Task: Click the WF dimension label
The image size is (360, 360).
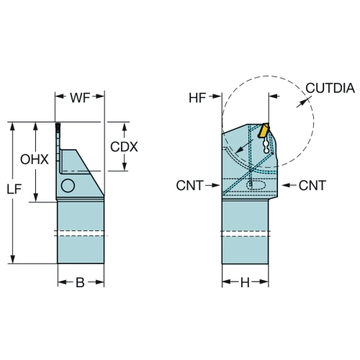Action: coord(80,98)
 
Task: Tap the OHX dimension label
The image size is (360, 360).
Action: coord(35,159)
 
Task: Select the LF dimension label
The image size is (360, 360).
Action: coord(14,189)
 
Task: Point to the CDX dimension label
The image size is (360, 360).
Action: coord(124,147)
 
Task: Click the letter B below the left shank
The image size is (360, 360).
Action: coord(80,282)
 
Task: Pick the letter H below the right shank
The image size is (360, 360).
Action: coord(245,283)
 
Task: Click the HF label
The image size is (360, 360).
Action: coord(197,98)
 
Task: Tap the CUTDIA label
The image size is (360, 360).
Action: coord(330,88)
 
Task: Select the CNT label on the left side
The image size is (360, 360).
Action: coord(190,186)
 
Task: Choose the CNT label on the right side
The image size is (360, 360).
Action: coord(312,186)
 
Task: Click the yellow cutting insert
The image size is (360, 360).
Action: coord(264,130)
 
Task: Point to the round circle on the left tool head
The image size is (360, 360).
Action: coord(68,186)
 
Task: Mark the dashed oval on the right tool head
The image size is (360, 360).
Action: coord(256,185)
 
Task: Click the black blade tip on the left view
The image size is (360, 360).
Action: coord(58,128)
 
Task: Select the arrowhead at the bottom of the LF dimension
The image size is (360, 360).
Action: coord(13,259)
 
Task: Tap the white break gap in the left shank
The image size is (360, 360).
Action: coord(81,233)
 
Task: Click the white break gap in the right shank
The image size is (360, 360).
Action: coord(245,234)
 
